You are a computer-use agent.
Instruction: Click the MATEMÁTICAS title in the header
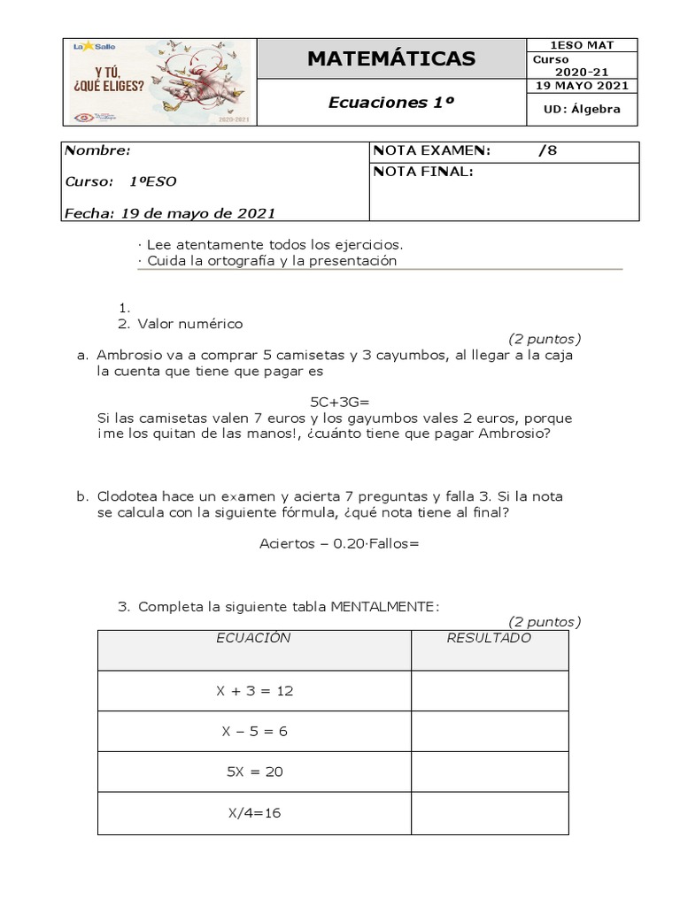[390, 59]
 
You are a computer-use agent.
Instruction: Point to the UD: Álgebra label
[583, 110]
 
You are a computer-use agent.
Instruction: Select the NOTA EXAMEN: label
[431, 150]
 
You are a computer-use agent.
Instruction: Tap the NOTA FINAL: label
[424, 172]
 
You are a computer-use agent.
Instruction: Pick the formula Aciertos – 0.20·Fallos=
[339, 543]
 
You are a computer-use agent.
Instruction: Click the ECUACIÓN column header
[253, 638]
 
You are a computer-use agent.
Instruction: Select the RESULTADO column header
[489, 638]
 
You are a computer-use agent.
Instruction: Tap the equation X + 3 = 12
[254, 691]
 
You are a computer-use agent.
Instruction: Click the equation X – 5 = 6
[254, 732]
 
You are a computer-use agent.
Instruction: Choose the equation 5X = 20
[254, 772]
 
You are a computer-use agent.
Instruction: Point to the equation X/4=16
[254, 813]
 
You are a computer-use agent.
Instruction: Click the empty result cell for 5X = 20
[490, 772]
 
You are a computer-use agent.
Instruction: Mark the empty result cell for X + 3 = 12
[490, 691]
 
